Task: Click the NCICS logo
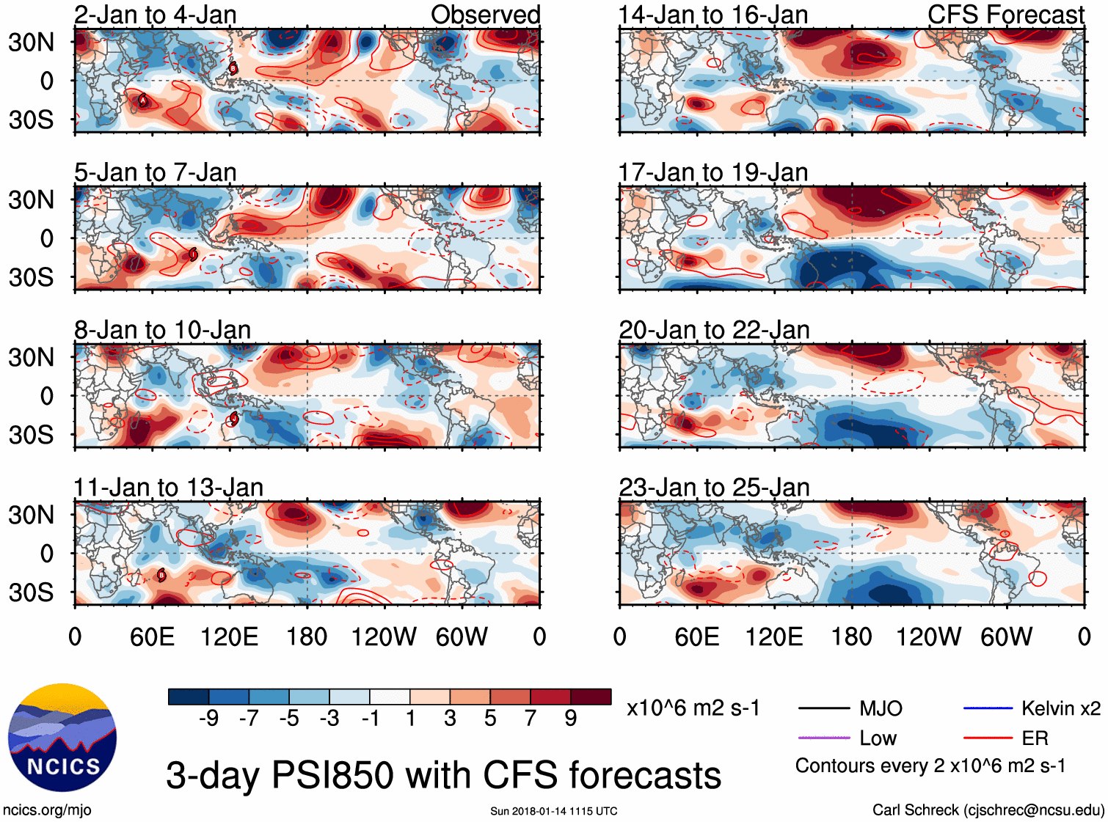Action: click(x=62, y=738)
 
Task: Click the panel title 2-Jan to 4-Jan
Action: click(x=155, y=15)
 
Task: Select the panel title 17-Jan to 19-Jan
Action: click(x=712, y=172)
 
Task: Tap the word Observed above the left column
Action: click(x=485, y=15)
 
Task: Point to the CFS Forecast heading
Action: click(x=1005, y=15)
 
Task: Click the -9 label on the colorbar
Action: click(x=208, y=719)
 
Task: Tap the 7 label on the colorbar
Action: click(x=531, y=719)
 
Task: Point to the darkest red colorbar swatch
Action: click(x=591, y=697)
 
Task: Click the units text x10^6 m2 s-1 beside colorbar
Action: click(x=693, y=708)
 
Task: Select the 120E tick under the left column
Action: click(x=229, y=636)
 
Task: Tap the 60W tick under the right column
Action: click(x=1006, y=636)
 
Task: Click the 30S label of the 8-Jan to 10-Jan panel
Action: click(x=31, y=435)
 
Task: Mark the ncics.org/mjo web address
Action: click(x=47, y=810)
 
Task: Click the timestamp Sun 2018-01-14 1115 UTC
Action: click(x=553, y=811)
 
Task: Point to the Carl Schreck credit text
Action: click(x=988, y=810)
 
